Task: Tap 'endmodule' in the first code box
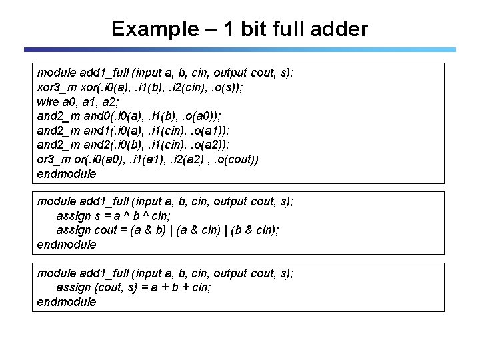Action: (x=67, y=175)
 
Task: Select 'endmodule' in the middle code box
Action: (x=67, y=245)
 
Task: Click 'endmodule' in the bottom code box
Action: (x=67, y=302)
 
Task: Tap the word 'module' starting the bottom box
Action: (x=55, y=273)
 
